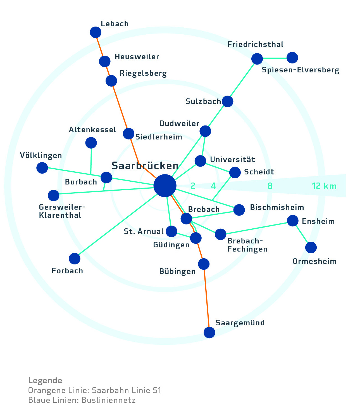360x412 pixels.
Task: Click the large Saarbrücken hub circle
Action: tap(165, 186)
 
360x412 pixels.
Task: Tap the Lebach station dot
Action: tap(96, 32)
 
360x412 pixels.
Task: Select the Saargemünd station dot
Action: tap(209, 332)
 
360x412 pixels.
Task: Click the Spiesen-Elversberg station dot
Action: tap(292, 58)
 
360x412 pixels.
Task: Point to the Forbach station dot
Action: tap(75, 259)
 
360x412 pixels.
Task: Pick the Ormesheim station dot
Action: tap(311, 247)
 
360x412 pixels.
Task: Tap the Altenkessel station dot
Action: tap(91, 143)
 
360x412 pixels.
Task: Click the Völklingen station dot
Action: tap(42, 168)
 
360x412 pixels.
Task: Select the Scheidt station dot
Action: tap(235, 172)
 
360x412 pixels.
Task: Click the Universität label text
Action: tap(232, 160)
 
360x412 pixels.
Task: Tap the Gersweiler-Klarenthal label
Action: tap(62, 211)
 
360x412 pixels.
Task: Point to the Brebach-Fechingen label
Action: tap(247, 245)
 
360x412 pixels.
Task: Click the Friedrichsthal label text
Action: tap(255, 44)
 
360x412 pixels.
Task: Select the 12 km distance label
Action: tap(324, 186)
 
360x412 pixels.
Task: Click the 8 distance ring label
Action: tap(270, 186)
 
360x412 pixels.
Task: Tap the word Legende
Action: tap(45, 380)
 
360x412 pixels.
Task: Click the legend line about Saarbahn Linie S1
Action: tap(95, 390)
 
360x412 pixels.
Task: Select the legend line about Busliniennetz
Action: tap(82, 400)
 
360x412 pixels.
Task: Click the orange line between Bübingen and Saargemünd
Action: tap(207, 298)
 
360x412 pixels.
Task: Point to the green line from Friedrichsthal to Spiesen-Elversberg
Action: tap(275, 58)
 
